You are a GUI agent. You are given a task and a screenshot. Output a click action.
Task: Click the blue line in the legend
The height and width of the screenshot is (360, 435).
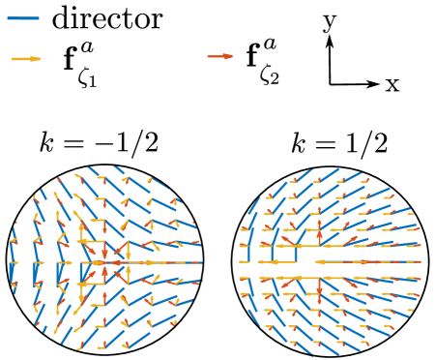pyautogui.click(x=23, y=18)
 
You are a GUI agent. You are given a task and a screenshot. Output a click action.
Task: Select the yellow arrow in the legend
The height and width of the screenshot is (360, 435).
pyautogui.click(x=25, y=59)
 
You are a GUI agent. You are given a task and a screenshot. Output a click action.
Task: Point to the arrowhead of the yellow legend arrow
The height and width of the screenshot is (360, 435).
pyautogui.click(x=36, y=59)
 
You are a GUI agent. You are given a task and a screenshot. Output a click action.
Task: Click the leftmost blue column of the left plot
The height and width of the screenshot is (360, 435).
pyautogui.click(x=14, y=261)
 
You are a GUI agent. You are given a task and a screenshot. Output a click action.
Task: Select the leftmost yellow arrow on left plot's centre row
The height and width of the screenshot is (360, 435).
pyautogui.click(x=14, y=262)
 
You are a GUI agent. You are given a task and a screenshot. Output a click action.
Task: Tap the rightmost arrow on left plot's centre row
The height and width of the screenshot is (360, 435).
pyautogui.click(x=194, y=262)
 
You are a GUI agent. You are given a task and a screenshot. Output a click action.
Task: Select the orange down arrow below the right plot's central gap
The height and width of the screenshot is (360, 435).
pyautogui.click(x=319, y=287)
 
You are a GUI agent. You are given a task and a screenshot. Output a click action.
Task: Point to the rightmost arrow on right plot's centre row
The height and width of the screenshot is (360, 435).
pyautogui.click(x=414, y=261)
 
